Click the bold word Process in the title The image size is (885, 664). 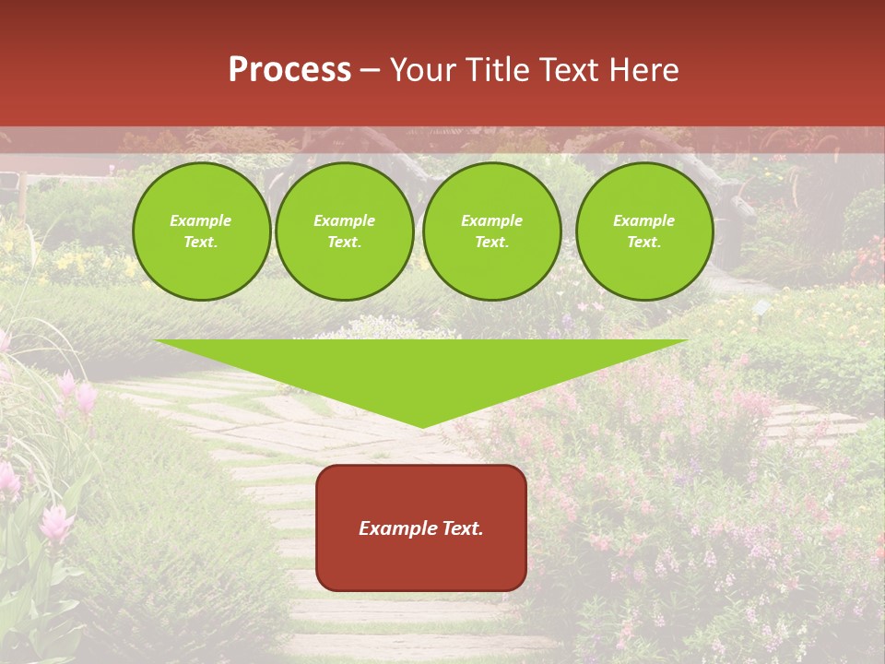289,70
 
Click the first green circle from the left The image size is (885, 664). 201,231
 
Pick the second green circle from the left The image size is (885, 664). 345,231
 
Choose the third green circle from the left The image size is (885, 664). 492,231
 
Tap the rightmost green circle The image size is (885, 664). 644,231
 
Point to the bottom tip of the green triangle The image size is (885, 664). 422,427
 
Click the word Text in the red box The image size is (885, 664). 461,528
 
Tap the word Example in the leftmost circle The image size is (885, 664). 201,220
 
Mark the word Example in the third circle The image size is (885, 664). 492,220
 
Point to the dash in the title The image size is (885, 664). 370,70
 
